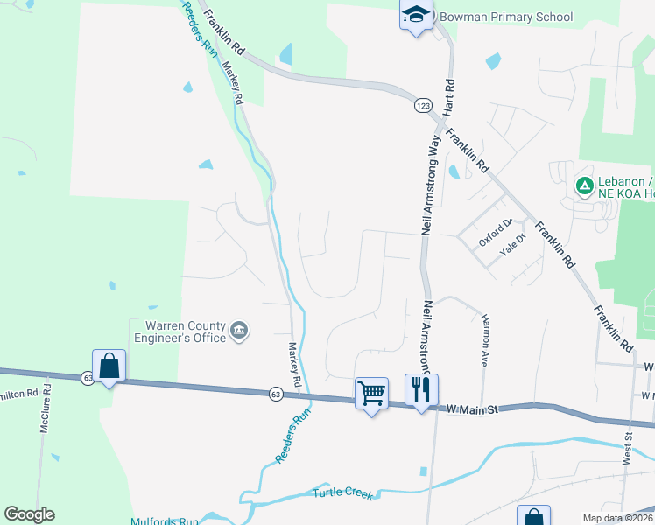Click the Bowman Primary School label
click(x=506, y=17)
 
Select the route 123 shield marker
click(x=423, y=104)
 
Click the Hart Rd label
click(x=449, y=97)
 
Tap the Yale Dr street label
click(x=511, y=245)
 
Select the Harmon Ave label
click(x=484, y=340)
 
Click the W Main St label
click(x=473, y=409)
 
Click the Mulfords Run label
click(x=166, y=521)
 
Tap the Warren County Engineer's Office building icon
click(x=239, y=331)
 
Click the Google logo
click(x=29, y=514)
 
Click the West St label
click(x=628, y=447)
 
